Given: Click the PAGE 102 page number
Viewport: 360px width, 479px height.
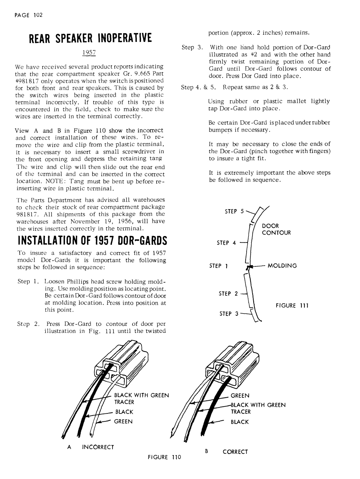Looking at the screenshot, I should (28, 15).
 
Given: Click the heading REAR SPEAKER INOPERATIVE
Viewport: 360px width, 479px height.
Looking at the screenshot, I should (90, 38).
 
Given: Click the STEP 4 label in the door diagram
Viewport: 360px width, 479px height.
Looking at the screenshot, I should (227, 243).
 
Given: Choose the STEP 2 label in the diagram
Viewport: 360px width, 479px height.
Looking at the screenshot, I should (228, 294).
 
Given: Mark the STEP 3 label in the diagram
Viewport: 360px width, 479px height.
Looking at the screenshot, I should (228, 314).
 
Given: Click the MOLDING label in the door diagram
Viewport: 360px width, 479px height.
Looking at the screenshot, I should (282, 266).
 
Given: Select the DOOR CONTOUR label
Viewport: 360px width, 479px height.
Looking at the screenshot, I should (276, 229).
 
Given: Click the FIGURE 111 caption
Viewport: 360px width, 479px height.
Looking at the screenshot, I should (292, 305).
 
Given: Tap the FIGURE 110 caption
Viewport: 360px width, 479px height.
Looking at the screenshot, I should (164, 457).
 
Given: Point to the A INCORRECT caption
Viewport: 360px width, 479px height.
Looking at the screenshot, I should (91, 447).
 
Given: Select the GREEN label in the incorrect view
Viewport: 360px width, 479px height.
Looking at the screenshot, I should (123, 421).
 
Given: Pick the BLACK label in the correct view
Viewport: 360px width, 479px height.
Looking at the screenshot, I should (240, 422).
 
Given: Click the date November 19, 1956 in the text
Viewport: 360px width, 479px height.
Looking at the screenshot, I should (102, 221).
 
